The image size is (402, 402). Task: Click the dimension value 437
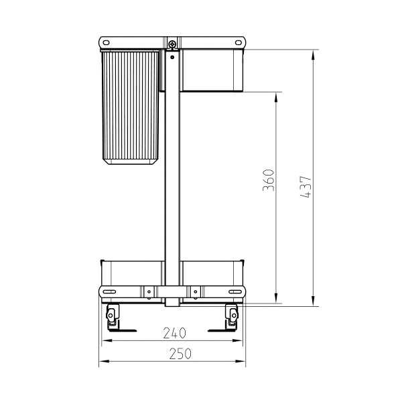[x=306, y=186]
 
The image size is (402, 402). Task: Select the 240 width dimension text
[x=174, y=332]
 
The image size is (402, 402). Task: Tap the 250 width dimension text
[x=174, y=353]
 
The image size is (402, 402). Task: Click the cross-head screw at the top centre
[x=173, y=45]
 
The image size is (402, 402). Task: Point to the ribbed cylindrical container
[x=131, y=106]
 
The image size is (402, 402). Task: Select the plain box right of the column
[x=212, y=70]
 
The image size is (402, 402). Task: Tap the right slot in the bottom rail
[x=236, y=291]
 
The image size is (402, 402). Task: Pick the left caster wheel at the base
[x=113, y=314]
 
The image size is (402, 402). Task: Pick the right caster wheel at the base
[x=232, y=314]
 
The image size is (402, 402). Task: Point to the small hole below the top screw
[x=173, y=57]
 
